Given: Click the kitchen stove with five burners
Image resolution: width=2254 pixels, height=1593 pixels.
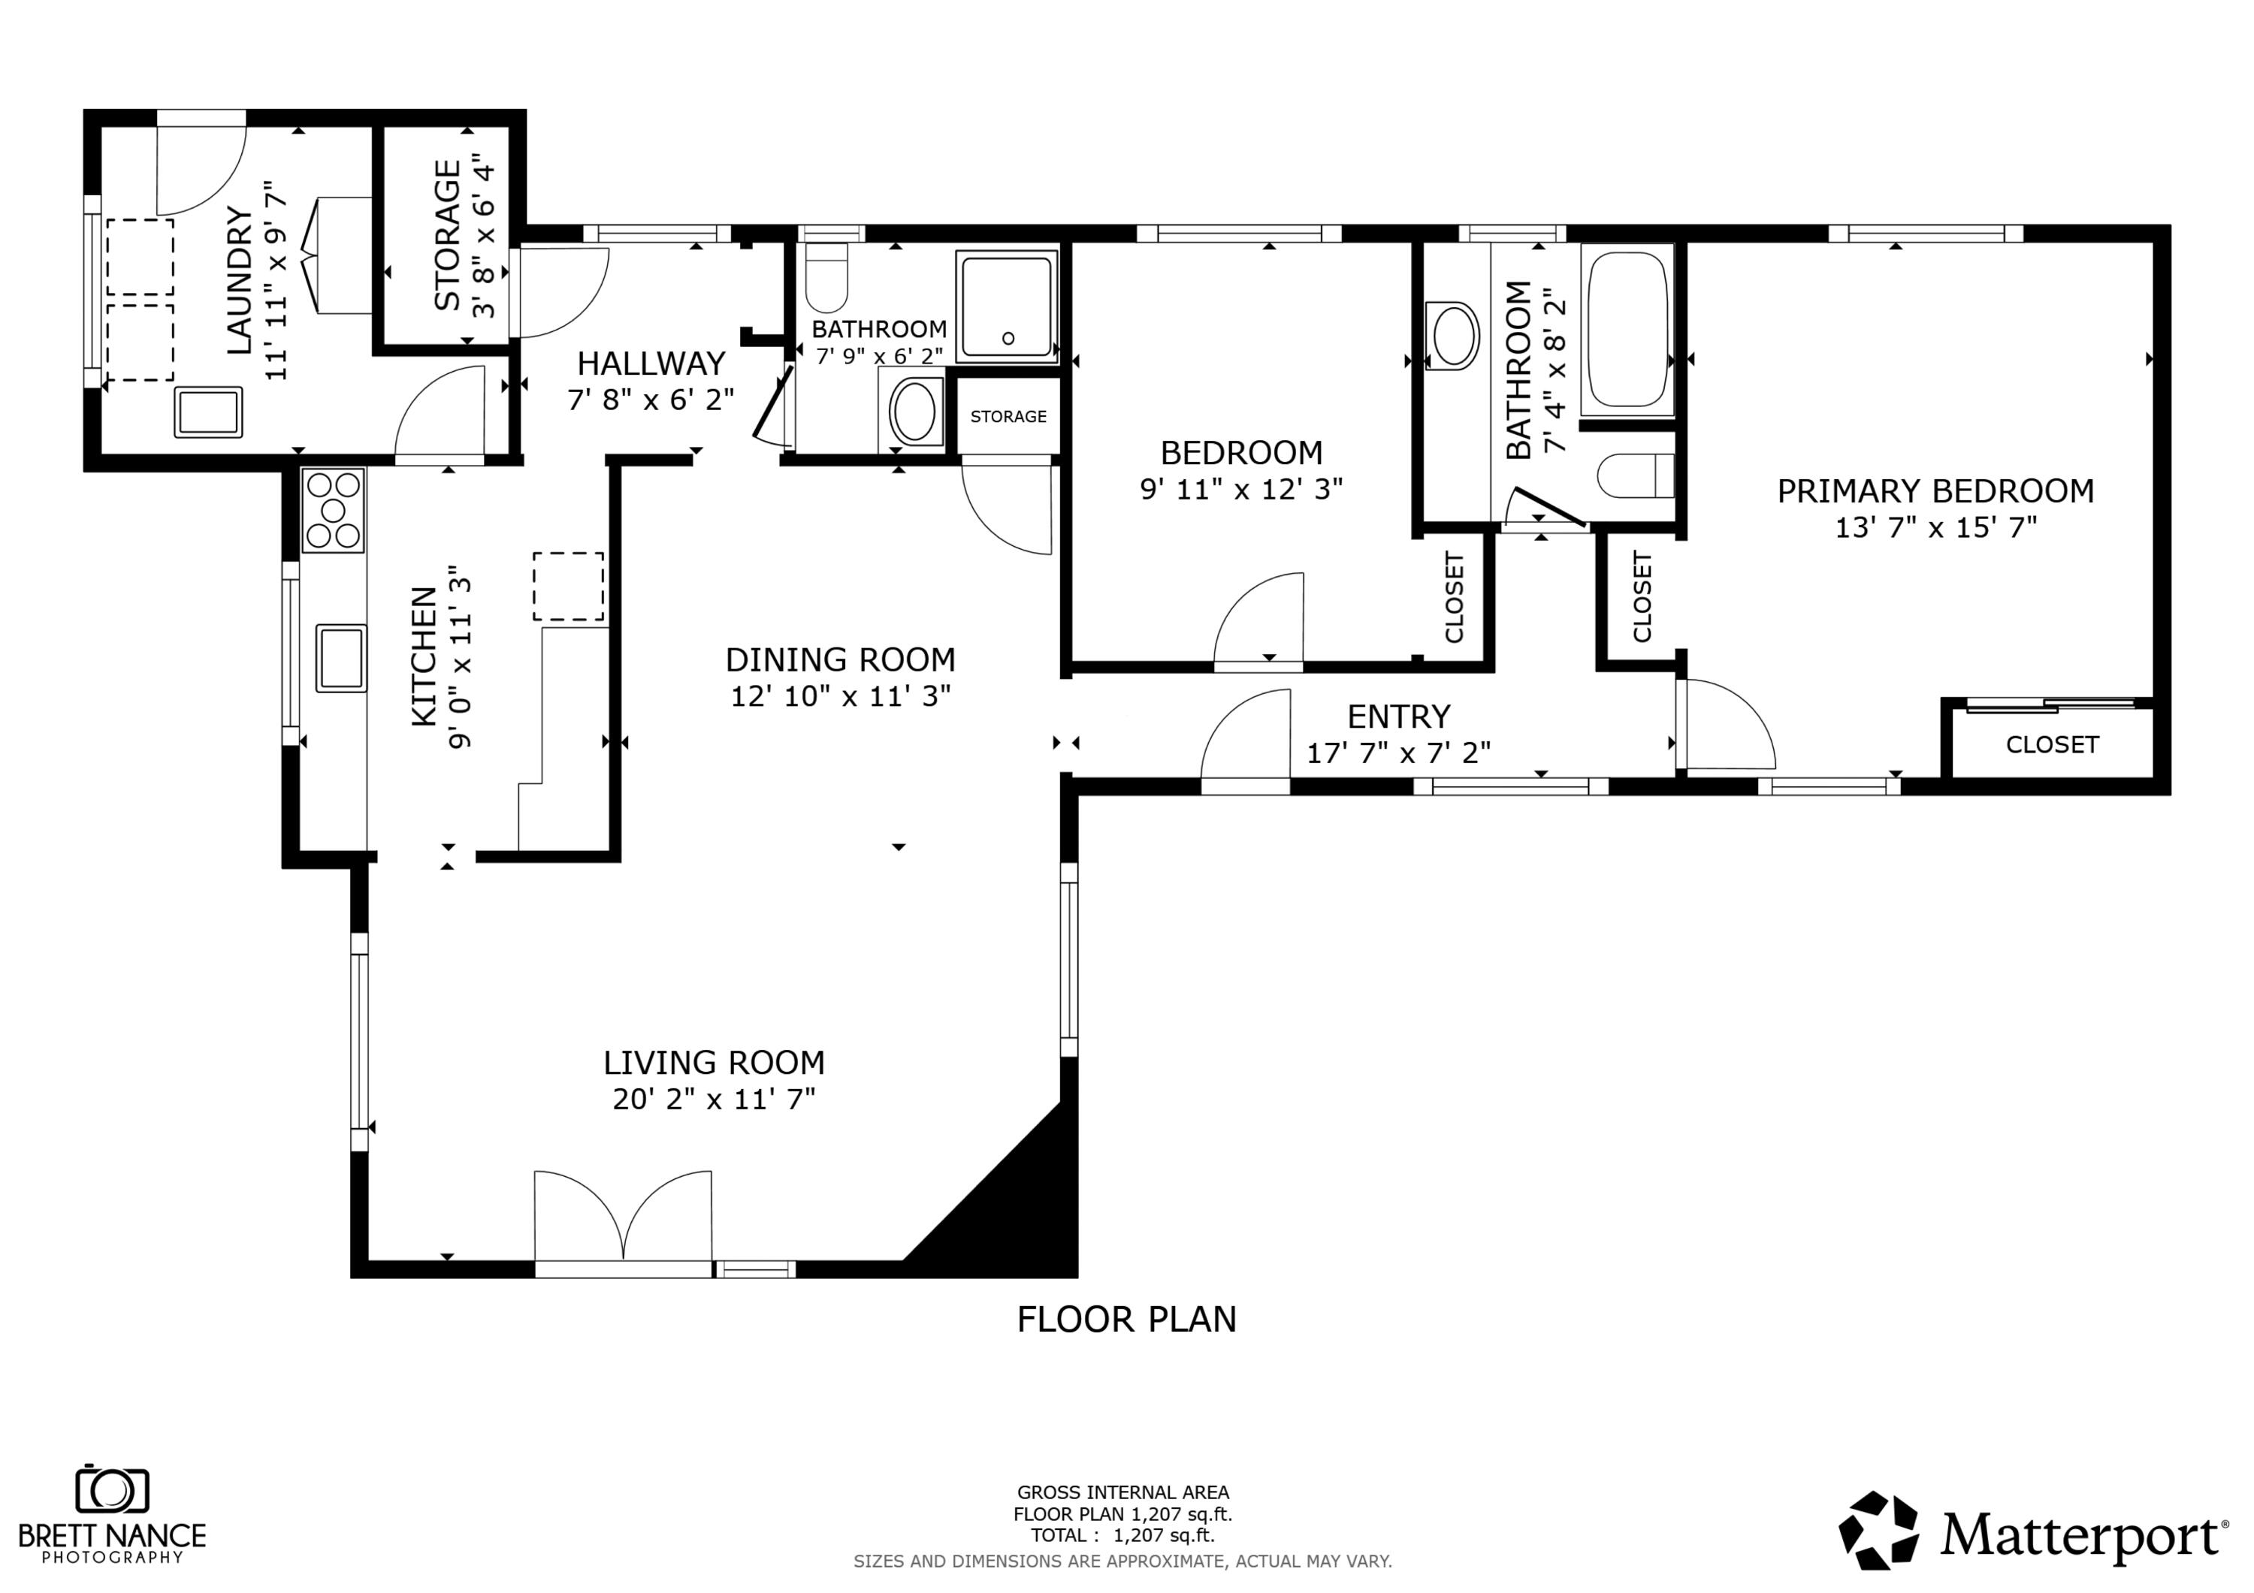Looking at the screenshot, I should tap(334, 511).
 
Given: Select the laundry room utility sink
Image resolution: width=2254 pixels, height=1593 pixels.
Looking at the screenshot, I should tap(208, 412).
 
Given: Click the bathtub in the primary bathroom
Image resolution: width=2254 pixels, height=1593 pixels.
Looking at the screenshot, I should tap(1627, 329).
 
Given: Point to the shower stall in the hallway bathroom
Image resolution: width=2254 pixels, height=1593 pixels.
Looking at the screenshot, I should tap(1008, 305).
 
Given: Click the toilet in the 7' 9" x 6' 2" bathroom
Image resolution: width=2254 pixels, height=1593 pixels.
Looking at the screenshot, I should tap(826, 277).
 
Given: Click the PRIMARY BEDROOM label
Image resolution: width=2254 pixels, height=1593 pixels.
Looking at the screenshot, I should tap(1935, 490).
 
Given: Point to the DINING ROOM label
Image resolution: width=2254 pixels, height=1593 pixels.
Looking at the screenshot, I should tap(840, 659).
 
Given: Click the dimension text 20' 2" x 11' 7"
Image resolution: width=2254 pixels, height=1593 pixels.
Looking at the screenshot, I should tap(714, 1100).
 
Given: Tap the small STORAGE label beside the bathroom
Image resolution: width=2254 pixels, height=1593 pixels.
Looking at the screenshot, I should tap(1008, 416).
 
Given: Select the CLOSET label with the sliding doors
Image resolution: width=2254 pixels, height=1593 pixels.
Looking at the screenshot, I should tap(2052, 745).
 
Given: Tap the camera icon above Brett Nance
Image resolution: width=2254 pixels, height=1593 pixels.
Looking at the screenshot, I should tap(112, 1490).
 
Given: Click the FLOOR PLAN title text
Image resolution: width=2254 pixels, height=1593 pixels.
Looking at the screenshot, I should tap(1126, 1319).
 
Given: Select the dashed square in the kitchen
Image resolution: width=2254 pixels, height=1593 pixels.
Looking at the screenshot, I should tap(569, 586).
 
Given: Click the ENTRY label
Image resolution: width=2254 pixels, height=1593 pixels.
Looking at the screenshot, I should tap(1398, 717).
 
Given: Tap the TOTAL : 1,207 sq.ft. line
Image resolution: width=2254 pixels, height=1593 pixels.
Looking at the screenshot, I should tap(1122, 1535).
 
